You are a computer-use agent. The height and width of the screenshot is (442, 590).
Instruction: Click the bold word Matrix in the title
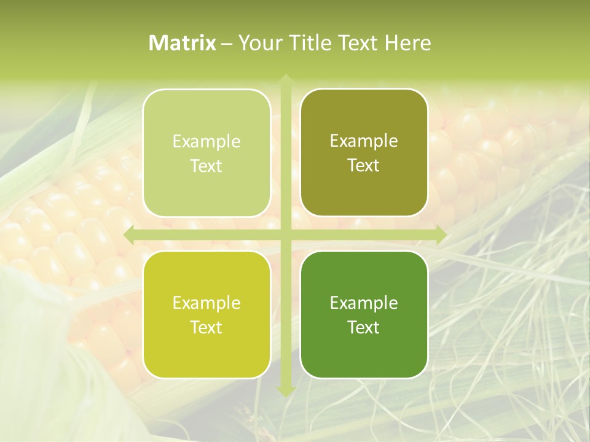183,43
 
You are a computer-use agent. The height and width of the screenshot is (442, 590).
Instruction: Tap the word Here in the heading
407,43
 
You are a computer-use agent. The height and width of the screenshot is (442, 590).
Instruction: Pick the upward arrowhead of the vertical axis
286,80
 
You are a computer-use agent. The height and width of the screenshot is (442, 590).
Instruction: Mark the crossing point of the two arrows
286,235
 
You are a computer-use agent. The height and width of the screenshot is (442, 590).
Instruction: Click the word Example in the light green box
206,142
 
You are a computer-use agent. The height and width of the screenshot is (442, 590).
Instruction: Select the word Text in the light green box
206,166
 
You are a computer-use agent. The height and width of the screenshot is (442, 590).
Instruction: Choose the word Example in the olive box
364,141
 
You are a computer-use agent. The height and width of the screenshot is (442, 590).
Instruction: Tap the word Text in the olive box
364,165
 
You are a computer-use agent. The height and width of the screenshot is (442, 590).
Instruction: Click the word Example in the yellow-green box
206,303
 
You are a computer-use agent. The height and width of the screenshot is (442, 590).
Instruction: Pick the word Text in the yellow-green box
206,327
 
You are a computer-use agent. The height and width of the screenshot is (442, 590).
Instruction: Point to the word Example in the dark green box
364,303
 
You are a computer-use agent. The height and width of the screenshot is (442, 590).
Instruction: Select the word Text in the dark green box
364,327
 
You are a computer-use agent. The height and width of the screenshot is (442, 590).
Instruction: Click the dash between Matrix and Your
227,44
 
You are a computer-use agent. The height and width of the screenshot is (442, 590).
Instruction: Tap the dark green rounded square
364,356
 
